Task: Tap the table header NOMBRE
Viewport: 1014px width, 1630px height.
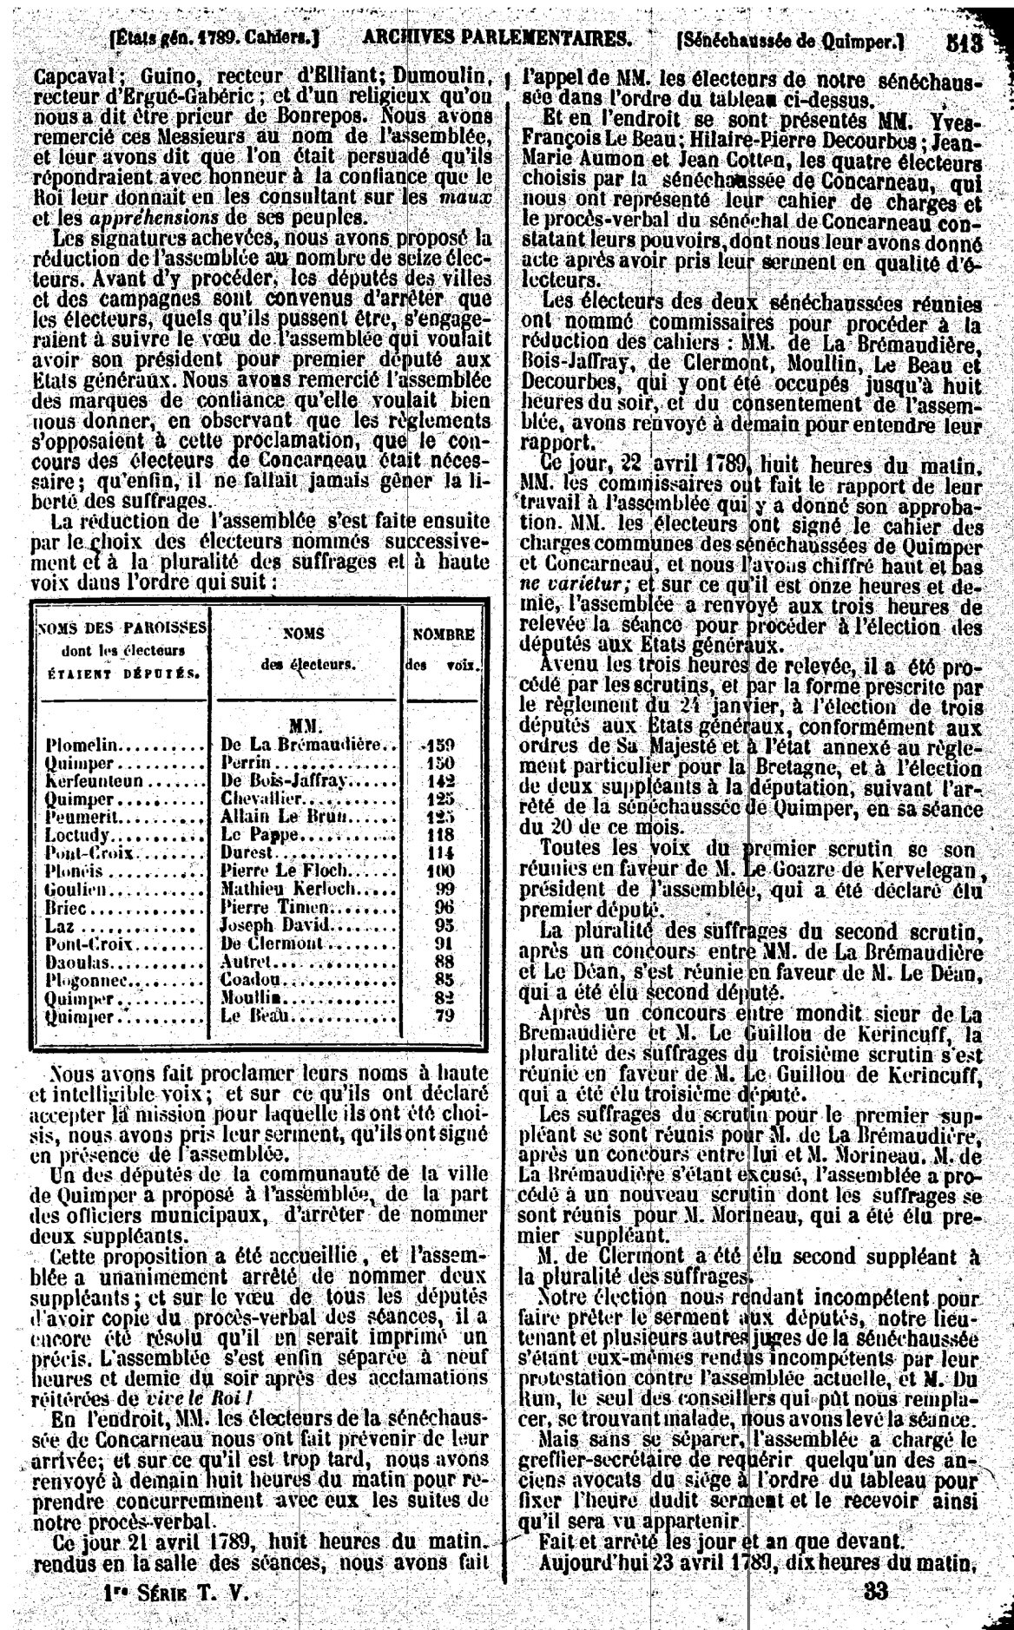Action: tap(443, 634)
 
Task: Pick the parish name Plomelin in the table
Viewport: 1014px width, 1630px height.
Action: tap(84, 746)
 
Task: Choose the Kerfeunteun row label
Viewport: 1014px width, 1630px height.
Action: tap(90, 780)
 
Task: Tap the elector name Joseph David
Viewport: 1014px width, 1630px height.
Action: tap(262, 925)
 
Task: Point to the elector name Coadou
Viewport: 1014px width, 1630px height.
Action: tap(245, 980)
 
